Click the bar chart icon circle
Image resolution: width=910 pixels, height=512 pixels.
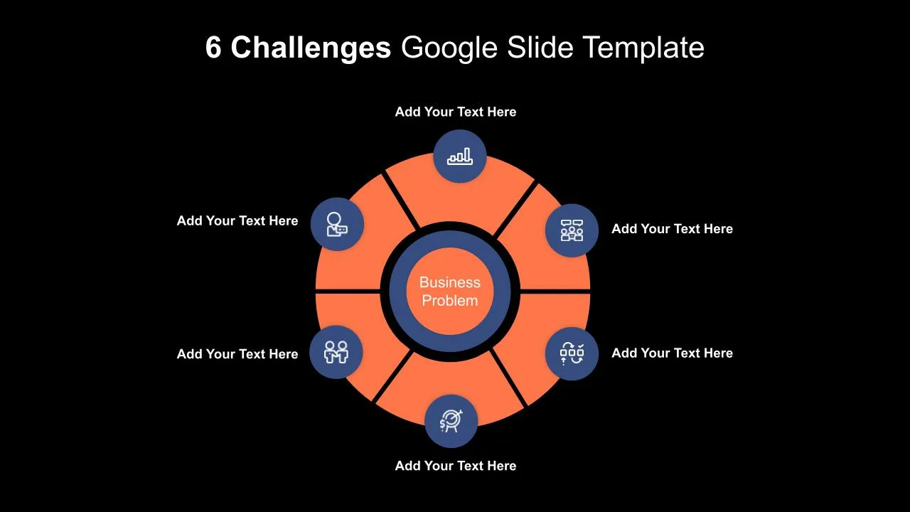click(460, 156)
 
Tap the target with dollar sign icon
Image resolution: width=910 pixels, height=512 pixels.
click(451, 421)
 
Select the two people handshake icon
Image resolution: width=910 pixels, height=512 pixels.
click(336, 352)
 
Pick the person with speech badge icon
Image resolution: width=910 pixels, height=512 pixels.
click(337, 224)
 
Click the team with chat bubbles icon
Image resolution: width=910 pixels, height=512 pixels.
click(572, 230)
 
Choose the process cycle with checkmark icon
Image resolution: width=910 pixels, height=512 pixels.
click(572, 353)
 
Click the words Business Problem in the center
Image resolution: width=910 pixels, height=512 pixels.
click(450, 292)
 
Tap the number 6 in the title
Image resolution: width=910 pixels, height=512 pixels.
click(213, 47)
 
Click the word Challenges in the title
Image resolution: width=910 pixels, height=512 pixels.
click(311, 48)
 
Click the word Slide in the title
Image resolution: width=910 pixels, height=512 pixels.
click(540, 47)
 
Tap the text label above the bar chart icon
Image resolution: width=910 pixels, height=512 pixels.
click(456, 112)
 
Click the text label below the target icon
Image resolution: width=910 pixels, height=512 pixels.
click(456, 466)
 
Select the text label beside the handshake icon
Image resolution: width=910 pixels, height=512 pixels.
click(237, 354)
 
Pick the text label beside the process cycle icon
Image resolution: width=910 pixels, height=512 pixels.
click(673, 353)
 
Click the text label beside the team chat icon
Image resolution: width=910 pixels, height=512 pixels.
click(673, 229)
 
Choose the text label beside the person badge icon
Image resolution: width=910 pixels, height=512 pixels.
click(237, 220)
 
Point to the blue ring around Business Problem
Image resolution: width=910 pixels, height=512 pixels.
click(397, 292)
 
